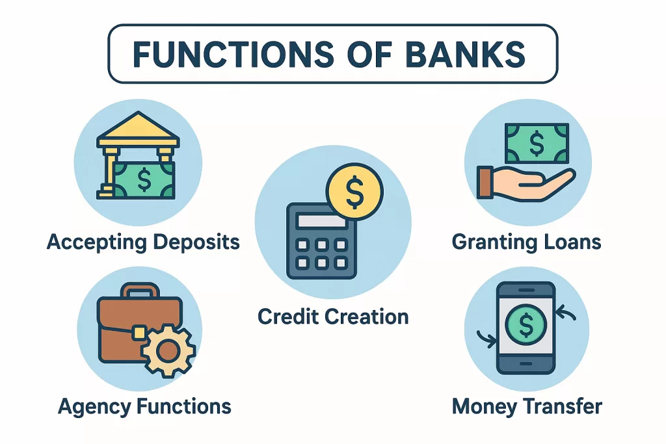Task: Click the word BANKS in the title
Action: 466,54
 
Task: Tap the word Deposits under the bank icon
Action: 196,242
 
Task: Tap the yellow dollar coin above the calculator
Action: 354,191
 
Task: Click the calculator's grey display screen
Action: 321,221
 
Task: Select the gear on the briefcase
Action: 168,350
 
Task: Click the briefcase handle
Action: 140,291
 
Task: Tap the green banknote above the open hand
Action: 537,144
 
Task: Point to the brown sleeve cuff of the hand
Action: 485,183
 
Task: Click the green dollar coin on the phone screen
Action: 526,326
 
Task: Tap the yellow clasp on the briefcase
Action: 139,333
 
